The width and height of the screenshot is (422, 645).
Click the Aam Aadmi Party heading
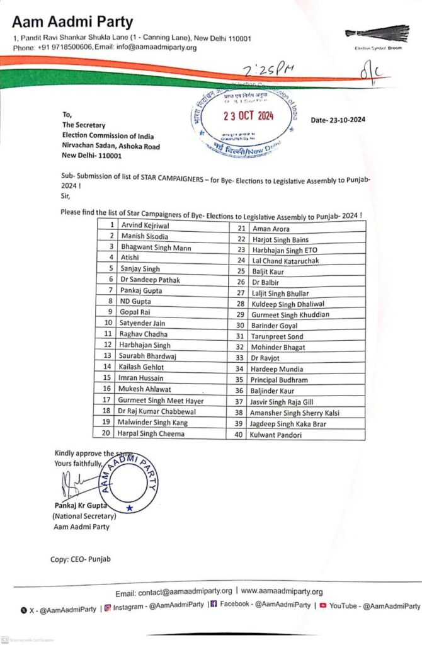[73, 23]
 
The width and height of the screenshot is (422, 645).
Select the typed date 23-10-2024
[338, 120]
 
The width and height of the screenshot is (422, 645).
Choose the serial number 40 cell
[239, 435]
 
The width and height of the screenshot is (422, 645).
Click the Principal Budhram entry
[279, 380]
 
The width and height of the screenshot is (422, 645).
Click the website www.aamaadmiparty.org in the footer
[282, 592]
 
